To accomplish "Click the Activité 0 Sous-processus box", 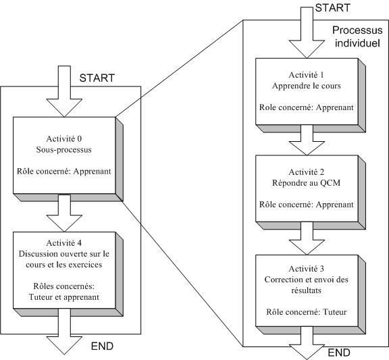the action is (65, 155).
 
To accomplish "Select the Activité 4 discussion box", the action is (65, 270).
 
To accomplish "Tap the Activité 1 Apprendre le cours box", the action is (307, 91).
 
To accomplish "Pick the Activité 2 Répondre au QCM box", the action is (307, 188).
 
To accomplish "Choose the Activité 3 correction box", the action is (307, 290).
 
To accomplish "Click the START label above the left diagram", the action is (97, 78).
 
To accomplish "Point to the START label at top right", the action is (333, 7).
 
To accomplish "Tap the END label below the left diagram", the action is (102, 346).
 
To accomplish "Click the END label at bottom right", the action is (339, 353).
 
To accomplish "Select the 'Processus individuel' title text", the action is (357, 36).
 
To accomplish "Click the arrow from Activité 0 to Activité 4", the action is (64, 213).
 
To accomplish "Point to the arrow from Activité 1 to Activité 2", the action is (307, 140).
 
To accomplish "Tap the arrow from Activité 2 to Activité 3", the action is (307, 238).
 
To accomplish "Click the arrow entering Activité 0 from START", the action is (64, 91).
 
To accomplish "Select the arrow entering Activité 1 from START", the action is (307, 32).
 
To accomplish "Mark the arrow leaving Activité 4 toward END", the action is (64, 332).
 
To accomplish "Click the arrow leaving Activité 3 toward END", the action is (307, 343).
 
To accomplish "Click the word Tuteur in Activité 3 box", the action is (334, 312).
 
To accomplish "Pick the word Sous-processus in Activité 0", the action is (64, 150).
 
